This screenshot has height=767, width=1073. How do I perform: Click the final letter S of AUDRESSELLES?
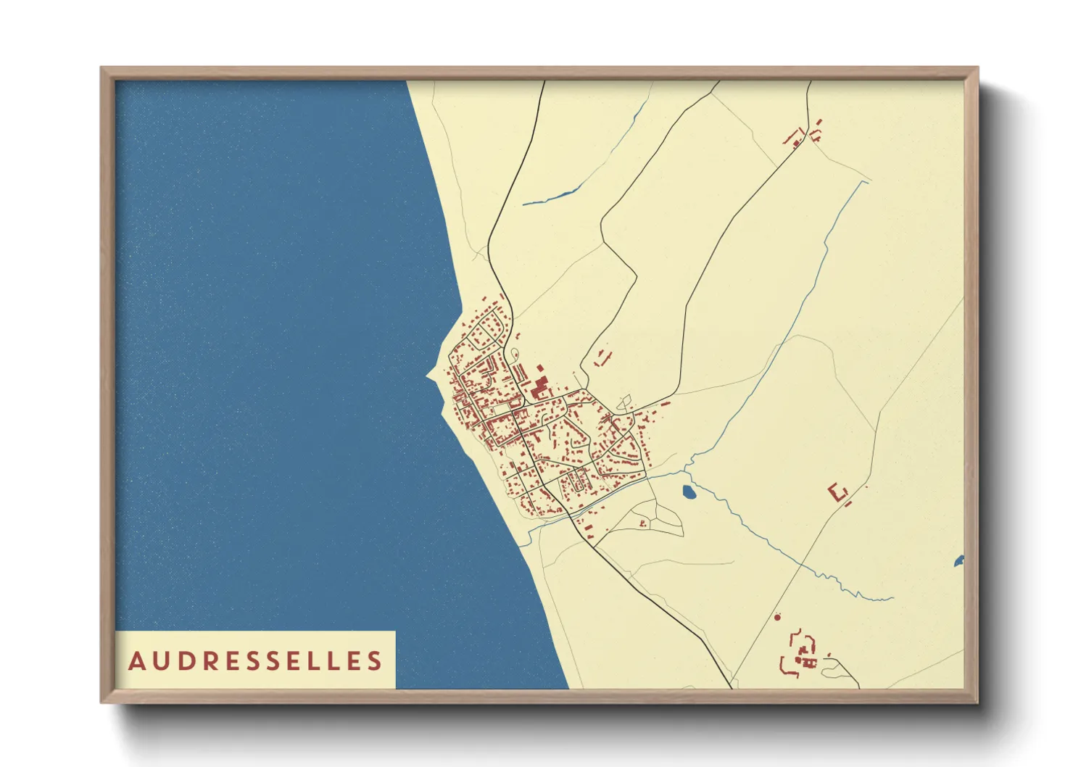[374, 661]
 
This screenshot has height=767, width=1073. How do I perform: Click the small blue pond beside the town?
[689, 493]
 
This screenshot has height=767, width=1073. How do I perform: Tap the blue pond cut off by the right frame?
[959, 560]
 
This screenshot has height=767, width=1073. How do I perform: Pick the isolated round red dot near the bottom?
[777, 617]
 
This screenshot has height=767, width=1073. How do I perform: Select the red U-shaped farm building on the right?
[838, 492]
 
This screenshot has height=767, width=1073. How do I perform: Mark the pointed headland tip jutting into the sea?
[428, 376]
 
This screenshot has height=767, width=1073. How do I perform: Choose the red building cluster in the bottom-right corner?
[800, 654]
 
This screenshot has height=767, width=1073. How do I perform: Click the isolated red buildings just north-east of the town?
[602, 357]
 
